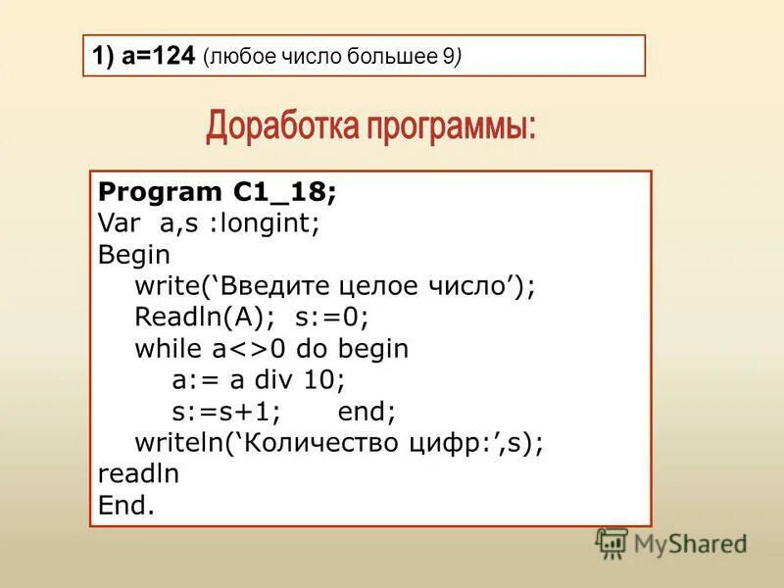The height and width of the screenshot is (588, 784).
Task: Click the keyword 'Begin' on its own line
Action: (134, 255)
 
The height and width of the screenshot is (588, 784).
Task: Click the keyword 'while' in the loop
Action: (167, 349)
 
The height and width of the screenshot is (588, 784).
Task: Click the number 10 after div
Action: (322, 380)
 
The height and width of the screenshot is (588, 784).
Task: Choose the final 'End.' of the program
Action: (126, 506)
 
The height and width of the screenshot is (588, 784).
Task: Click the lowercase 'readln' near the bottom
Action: (138, 474)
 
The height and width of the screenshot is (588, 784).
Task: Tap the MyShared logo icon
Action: (612, 543)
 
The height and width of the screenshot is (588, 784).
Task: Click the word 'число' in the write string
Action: (470, 286)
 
